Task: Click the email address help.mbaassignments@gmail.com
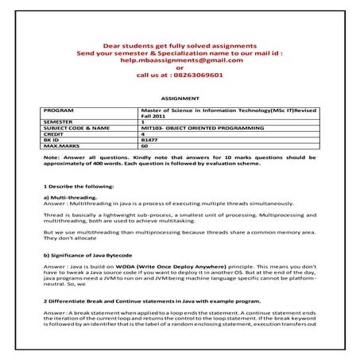click(x=179, y=60)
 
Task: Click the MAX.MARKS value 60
click(x=144, y=146)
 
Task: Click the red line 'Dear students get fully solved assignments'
click(x=180, y=45)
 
